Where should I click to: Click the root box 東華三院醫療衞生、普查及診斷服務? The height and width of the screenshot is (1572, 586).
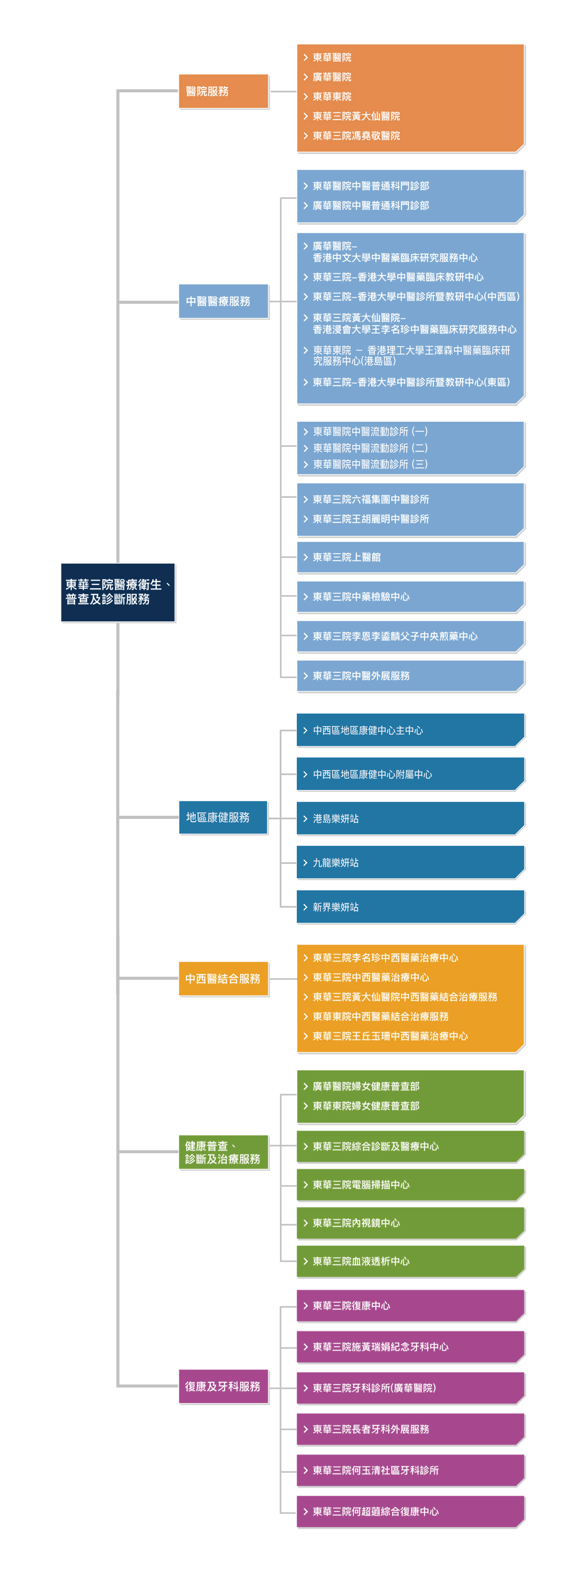[x=118, y=592]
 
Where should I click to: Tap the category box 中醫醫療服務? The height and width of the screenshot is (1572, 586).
[x=223, y=301]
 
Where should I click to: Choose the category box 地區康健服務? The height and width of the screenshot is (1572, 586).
[x=223, y=817]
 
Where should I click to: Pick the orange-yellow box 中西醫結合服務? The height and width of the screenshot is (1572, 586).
[x=223, y=978]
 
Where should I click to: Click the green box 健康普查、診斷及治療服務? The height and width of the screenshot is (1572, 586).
[x=223, y=1152]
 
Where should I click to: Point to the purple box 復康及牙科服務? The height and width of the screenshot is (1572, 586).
[x=223, y=1386]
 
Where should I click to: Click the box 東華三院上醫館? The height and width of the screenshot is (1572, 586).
[x=410, y=557]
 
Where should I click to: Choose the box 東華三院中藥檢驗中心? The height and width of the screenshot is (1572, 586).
[x=410, y=597]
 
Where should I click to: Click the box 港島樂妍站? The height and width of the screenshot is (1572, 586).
[x=410, y=819]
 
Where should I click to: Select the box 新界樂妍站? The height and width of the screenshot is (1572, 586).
[x=410, y=907]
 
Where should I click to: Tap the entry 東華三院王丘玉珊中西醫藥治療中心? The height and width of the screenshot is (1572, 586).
[x=390, y=1036]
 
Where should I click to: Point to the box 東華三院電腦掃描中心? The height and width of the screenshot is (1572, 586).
[x=410, y=1184]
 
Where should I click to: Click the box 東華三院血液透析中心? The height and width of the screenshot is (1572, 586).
[x=410, y=1261]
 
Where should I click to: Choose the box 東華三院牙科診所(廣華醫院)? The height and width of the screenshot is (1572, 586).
[x=410, y=1388]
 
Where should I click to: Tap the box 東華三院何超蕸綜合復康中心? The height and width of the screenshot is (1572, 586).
[x=410, y=1512]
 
